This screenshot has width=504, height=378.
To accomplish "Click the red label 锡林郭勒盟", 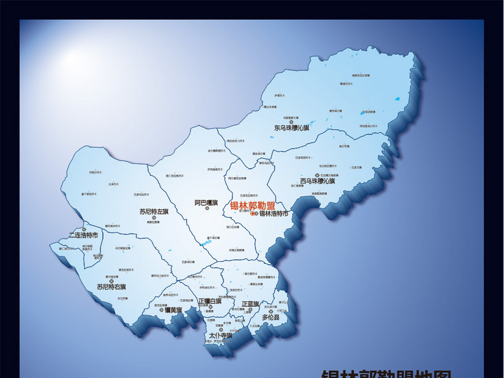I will point(252,205).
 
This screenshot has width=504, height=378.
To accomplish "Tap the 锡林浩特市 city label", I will point(273,214).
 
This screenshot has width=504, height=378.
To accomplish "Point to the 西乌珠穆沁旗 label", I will point(317,181).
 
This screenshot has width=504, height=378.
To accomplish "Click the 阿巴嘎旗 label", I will point(206,202).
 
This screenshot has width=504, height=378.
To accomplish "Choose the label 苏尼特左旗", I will point(154,211).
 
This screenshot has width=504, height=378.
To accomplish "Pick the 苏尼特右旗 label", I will point(112,286).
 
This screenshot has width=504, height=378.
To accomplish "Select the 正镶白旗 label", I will point(210,301).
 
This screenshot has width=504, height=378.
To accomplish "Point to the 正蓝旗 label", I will point(250,304).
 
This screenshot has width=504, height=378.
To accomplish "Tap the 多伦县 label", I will point(271,317).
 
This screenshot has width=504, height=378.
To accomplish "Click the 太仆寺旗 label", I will point(220,336).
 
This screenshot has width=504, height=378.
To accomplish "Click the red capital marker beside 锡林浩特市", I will point(253,214).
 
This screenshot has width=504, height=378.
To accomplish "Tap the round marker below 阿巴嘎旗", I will point(206,209).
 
